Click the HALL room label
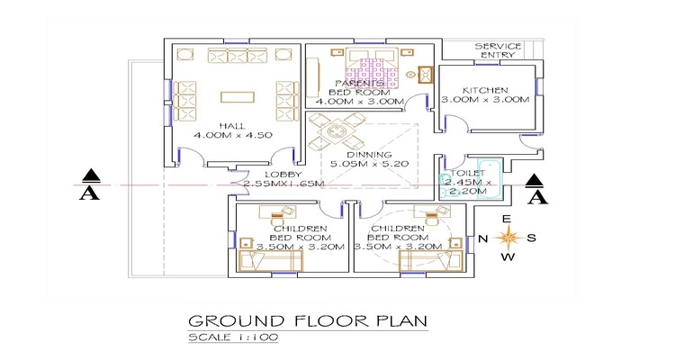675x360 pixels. coord(232,126)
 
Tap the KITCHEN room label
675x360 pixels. coord(485,90)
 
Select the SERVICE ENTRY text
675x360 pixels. coord(498,50)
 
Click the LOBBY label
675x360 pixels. coord(283,175)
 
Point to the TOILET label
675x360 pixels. coord(468,173)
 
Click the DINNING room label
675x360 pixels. coord(369,155)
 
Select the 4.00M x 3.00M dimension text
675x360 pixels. coord(360,102)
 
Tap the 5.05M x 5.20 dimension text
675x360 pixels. coord(369,164)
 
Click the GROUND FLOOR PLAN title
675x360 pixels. coord(308,321)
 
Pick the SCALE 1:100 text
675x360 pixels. coord(233,337)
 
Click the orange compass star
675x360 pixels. coord(508,238)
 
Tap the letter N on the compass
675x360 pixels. coord(483,238)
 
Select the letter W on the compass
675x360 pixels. coord(508,257)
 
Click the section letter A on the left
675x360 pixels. coord(89,194)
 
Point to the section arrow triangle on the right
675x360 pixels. coord(535,180)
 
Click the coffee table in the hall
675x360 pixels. coord(238,97)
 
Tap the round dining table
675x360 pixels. coord(335,130)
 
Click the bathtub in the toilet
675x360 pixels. coord(490,179)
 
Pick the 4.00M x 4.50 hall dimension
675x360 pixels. coord(232,135)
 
